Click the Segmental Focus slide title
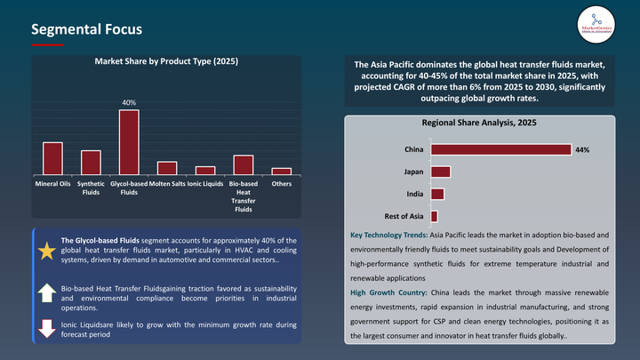(x=86, y=29)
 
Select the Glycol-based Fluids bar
(x=129, y=141)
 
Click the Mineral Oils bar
(x=52, y=157)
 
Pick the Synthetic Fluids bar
(x=91, y=162)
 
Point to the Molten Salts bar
(x=166, y=167)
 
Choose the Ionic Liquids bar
(x=205, y=170)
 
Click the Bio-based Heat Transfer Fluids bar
(x=244, y=164)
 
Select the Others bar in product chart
(x=282, y=171)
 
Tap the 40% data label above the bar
(x=129, y=103)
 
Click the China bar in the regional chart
(x=500, y=149)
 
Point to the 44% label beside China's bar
(x=582, y=150)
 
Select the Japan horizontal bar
(x=440, y=172)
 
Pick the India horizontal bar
(x=436, y=194)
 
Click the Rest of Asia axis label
(x=404, y=216)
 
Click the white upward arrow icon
(x=46, y=292)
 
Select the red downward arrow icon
(x=46, y=329)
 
